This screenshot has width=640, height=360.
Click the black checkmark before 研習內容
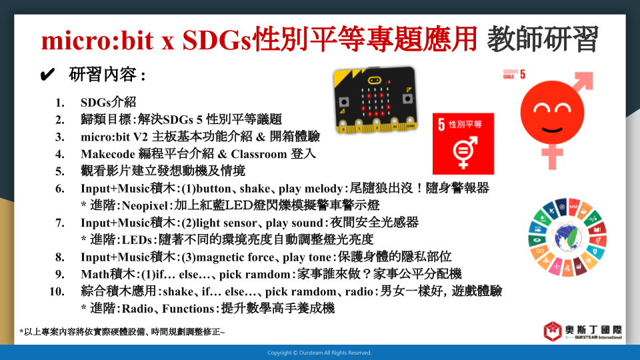[x=47, y=75]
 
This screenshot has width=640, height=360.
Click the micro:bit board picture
[x=375, y=100]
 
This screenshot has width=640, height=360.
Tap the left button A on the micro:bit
[x=344, y=101]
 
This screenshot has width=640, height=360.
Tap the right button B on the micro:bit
[x=407, y=99]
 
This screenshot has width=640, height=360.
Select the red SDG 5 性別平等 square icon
[x=463, y=144]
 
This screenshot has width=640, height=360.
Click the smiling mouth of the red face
[x=552, y=130]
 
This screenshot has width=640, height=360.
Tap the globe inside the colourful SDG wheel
[x=568, y=238]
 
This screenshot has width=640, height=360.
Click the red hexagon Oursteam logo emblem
[x=553, y=331]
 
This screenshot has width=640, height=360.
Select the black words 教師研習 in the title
[x=543, y=39]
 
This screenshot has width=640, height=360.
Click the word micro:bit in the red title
[x=97, y=40]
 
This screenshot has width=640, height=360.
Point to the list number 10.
[x=57, y=291]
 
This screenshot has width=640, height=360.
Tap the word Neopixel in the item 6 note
[x=145, y=205]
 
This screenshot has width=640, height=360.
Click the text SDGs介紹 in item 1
[x=108, y=102]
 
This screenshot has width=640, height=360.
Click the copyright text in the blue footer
[x=319, y=353]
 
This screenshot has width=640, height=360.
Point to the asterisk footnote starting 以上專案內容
[x=122, y=332]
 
